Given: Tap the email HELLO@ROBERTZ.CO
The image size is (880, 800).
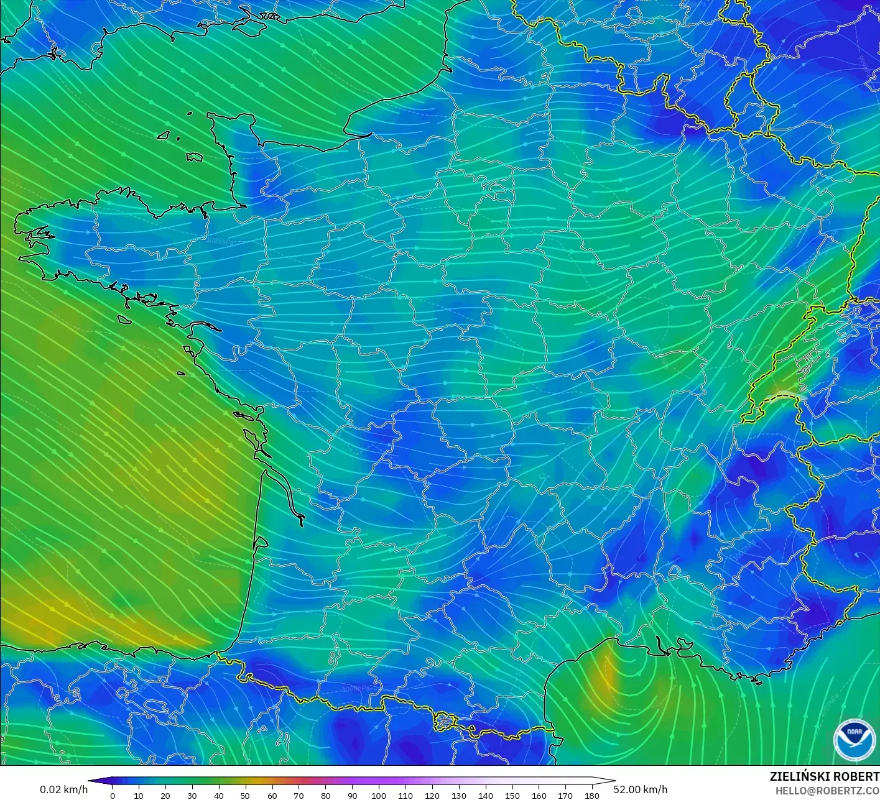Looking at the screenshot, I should [x=827, y=791].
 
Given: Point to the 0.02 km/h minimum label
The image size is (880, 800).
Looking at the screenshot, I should [x=63, y=789].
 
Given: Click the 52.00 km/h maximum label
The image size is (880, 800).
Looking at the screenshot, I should [x=641, y=789].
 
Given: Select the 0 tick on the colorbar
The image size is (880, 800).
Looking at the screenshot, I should [x=113, y=795].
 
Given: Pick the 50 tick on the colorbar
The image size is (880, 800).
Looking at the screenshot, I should [x=246, y=795].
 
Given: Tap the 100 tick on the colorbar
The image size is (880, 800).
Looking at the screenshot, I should [x=379, y=795].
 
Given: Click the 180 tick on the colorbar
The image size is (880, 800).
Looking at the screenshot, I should [x=592, y=795].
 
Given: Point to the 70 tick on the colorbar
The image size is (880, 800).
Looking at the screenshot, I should [x=299, y=795].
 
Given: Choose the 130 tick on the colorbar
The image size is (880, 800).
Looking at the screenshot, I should [x=459, y=795].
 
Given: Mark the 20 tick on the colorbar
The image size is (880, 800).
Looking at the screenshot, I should [x=165, y=795].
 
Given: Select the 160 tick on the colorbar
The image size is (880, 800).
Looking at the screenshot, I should [x=539, y=795].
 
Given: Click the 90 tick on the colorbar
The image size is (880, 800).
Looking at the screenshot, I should [x=353, y=795].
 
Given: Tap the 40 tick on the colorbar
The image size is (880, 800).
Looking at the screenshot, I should [x=219, y=795].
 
